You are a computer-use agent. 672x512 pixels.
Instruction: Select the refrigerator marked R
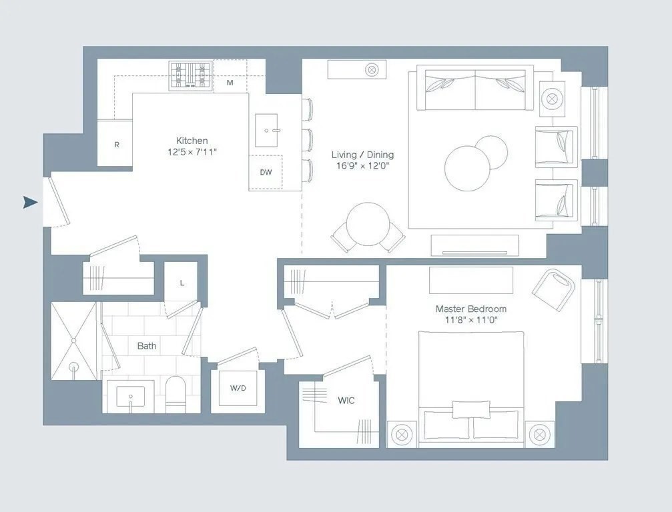tap(117, 144)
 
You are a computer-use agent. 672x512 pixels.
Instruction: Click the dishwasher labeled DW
tap(266, 172)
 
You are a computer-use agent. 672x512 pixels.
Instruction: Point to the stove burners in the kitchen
tap(190, 75)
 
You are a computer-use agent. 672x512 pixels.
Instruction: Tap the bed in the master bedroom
tap(471, 387)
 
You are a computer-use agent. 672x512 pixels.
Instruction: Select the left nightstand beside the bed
tap(402, 434)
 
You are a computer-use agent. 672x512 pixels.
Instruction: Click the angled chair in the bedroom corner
tap(554, 287)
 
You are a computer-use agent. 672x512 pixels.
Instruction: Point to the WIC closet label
tap(346, 401)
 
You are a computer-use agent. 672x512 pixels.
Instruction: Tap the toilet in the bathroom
tap(177, 395)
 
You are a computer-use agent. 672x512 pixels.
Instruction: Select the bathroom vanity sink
tap(131, 396)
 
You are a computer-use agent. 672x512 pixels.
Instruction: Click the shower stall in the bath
tap(73, 341)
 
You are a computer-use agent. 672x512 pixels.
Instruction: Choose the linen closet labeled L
tap(181, 283)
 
